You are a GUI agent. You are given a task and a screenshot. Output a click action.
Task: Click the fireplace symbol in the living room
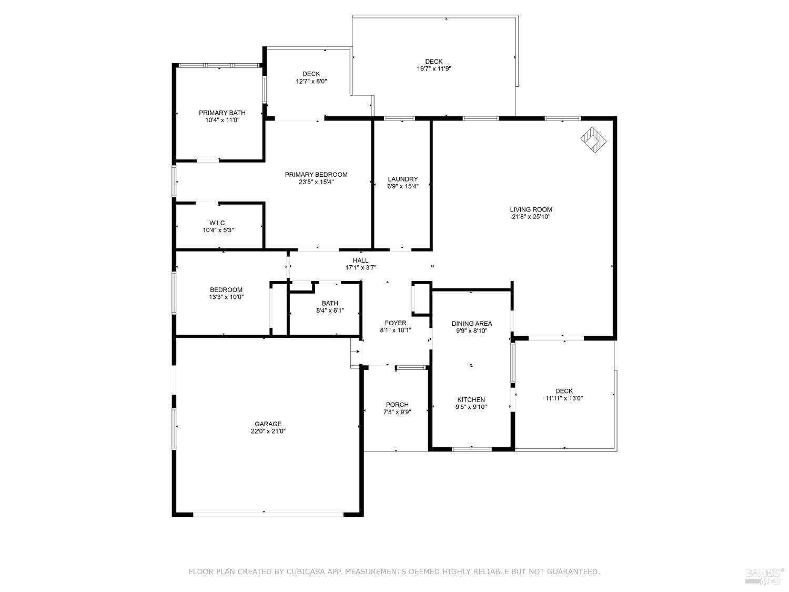(x=593, y=140)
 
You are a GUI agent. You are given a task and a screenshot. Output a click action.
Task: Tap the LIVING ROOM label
(x=531, y=209)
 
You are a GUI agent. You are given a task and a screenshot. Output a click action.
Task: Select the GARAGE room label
(x=268, y=424)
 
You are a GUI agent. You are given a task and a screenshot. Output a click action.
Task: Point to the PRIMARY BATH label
(x=222, y=113)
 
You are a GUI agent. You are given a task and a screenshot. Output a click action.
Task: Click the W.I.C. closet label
(x=218, y=223)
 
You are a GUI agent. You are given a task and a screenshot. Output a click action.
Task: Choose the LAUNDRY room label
(x=402, y=179)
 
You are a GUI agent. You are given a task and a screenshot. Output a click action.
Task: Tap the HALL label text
(x=360, y=260)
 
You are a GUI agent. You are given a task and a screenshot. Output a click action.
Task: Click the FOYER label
(x=396, y=323)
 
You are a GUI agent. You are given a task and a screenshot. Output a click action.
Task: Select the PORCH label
(x=397, y=405)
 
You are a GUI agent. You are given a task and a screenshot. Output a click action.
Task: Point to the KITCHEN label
(x=471, y=399)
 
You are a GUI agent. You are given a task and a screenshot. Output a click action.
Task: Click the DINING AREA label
(x=472, y=324)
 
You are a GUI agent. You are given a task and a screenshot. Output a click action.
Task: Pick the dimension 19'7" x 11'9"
(x=434, y=68)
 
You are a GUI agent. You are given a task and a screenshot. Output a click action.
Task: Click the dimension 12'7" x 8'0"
(x=311, y=81)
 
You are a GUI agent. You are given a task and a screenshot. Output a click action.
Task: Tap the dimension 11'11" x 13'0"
(x=564, y=398)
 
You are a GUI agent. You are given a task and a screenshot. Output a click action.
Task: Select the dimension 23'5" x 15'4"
(x=316, y=182)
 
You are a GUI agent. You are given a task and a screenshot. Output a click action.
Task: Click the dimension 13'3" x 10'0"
(x=226, y=297)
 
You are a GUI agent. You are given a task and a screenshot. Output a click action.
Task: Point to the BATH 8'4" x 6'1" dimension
(x=330, y=310)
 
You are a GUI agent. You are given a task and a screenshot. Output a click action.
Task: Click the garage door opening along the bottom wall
(x=268, y=514)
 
